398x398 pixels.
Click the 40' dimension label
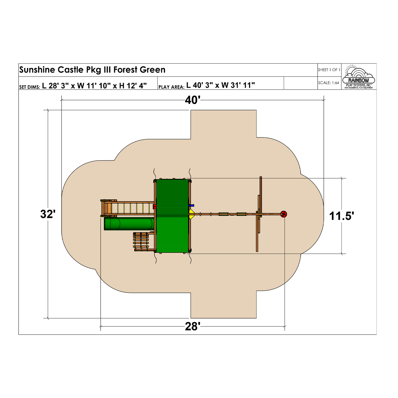(x=193, y=100)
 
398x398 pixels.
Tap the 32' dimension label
(x=48, y=214)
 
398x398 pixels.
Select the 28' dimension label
(x=193, y=327)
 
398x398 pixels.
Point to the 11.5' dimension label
(x=341, y=216)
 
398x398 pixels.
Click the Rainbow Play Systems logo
(x=358, y=77)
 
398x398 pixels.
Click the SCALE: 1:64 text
(x=328, y=83)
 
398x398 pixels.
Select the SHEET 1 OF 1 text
(x=329, y=70)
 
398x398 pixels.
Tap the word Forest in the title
(x=125, y=70)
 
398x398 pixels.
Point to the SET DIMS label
(x=29, y=87)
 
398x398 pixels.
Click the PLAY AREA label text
(x=171, y=87)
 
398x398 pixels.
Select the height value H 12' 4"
(x=133, y=85)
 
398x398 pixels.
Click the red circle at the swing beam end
(x=284, y=214)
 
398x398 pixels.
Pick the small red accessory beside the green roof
(x=155, y=206)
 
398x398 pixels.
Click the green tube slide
(x=129, y=224)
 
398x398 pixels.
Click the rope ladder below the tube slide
(x=141, y=241)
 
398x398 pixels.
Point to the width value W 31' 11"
(x=238, y=85)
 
